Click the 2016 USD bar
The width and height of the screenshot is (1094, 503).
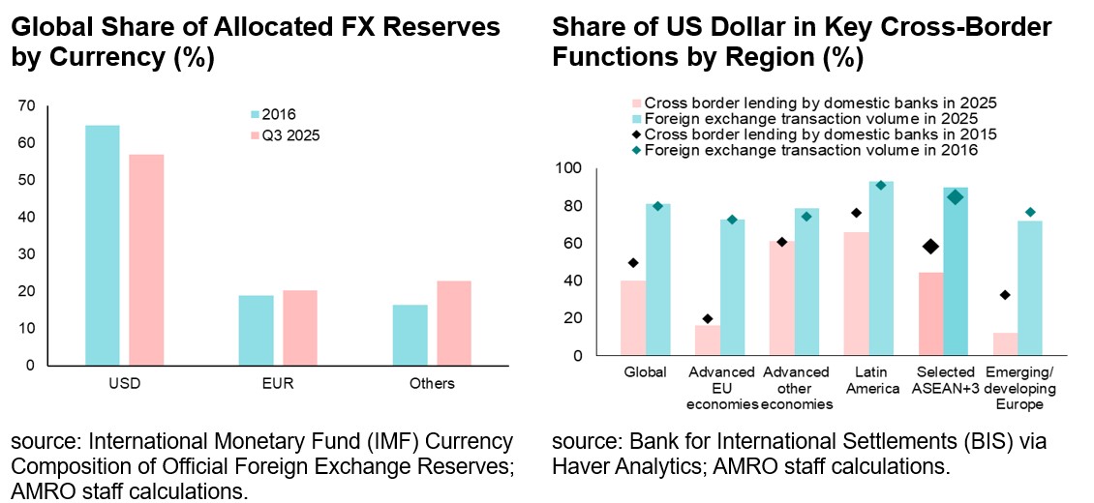(x=102, y=246)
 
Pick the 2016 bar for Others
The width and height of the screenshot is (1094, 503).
(x=410, y=335)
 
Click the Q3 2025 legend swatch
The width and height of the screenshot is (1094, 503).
(x=255, y=136)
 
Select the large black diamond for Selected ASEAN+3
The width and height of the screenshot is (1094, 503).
(x=931, y=247)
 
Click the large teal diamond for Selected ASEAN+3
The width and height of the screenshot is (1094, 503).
(x=956, y=197)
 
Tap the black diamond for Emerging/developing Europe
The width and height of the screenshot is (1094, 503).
(x=1005, y=295)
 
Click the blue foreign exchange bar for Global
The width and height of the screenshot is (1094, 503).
(x=659, y=279)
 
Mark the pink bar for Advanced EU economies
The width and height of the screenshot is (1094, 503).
(x=708, y=340)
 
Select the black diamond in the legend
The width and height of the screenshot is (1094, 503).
(x=636, y=133)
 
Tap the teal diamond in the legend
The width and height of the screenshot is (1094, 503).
(x=636, y=150)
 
